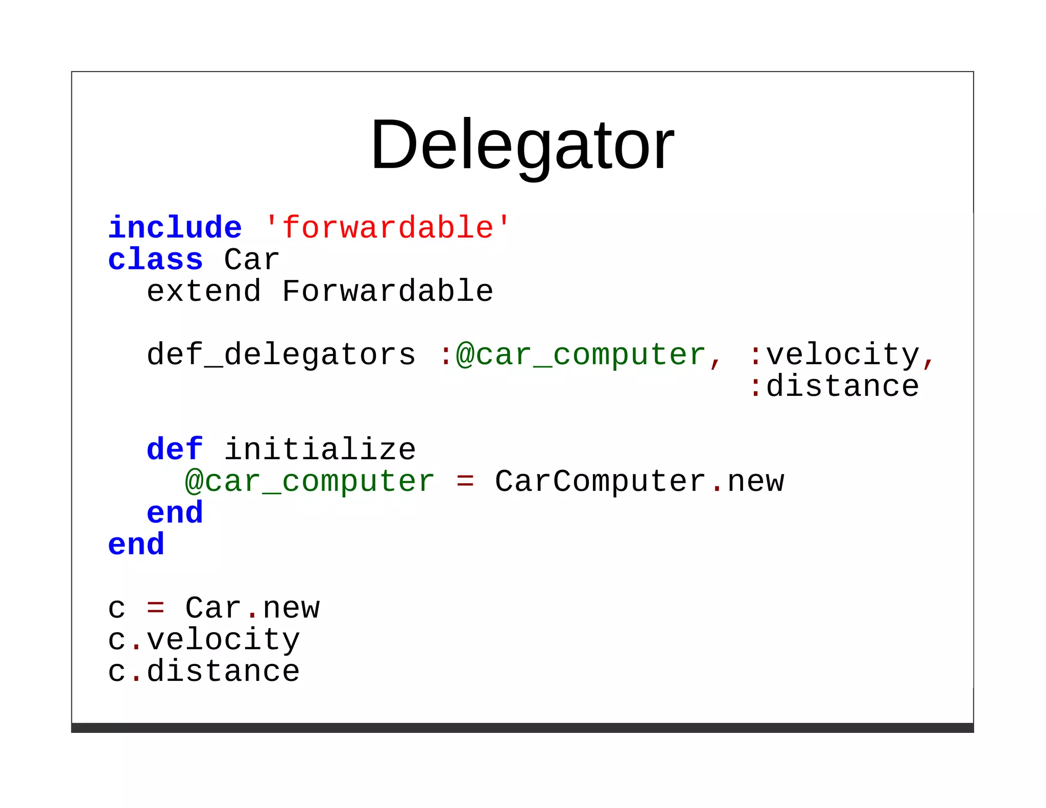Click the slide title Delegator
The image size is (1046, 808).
pyautogui.click(x=522, y=144)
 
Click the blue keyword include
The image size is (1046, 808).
pyautogui.click(x=175, y=228)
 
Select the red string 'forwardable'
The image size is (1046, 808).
pyautogui.click(x=387, y=228)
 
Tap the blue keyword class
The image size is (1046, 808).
pyautogui.click(x=155, y=259)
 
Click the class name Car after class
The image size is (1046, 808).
pyautogui.click(x=251, y=259)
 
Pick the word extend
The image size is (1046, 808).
pyautogui.click(x=204, y=291)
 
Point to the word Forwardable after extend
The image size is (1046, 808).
pyautogui.click(x=387, y=291)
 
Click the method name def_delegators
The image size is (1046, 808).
pyautogui.click(x=281, y=354)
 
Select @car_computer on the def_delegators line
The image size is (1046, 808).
pyautogui.click(x=580, y=354)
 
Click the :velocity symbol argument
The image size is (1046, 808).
pyautogui.click(x=835, y=354)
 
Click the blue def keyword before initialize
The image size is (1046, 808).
pyautogui.click(x=175, y=449)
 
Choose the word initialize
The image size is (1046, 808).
pyautogui.click(x=320, y=449)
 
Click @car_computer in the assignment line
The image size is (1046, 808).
pyautogui.click(x=310, y=481)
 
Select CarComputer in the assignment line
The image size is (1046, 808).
pyautogui.click(x=600, y=481)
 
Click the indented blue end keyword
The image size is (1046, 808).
pyautogui.click(x=175, y=513)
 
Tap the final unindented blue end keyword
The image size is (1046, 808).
pyautogui.click(x=136, y=544)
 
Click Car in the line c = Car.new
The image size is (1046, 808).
pyautogui.click(x=213, y=608)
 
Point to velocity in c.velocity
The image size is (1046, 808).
pyautogui.click(x=223, y=639)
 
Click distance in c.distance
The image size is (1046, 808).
pyautogui.click(x=223, y=671)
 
